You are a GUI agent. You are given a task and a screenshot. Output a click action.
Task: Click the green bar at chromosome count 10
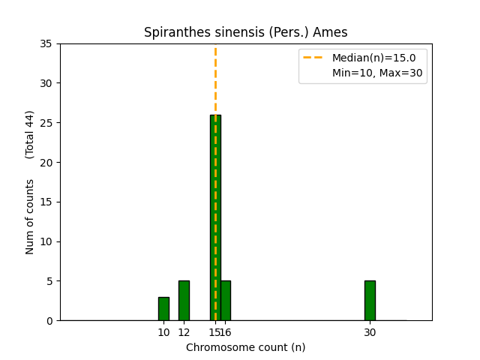tap(163, 309)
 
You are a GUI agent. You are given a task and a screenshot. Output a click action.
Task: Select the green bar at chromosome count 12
tap(184, 301)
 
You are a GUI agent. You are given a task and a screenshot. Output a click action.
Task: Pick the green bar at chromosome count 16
tap(226, 301)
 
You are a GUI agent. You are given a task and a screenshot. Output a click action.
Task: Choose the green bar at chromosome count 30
tap(370, 301)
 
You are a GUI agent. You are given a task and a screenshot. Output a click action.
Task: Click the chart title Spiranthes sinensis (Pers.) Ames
tap(246, 33)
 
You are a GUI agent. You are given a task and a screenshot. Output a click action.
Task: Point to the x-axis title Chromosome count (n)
tap(246, 347)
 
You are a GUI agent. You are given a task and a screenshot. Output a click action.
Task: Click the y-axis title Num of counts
tap(30, 217)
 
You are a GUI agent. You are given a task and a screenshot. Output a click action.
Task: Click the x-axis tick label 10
tap(163, 331)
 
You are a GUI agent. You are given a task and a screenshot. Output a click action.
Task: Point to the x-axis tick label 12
tap(184, 331)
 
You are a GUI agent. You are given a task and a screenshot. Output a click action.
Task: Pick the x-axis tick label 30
tap(370, 331)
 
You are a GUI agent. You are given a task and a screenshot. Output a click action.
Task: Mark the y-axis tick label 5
tap(48, 281)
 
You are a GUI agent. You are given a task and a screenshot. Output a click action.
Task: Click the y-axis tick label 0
tap(48, 321)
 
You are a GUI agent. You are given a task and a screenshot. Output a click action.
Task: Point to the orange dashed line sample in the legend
tap(313, 58)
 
